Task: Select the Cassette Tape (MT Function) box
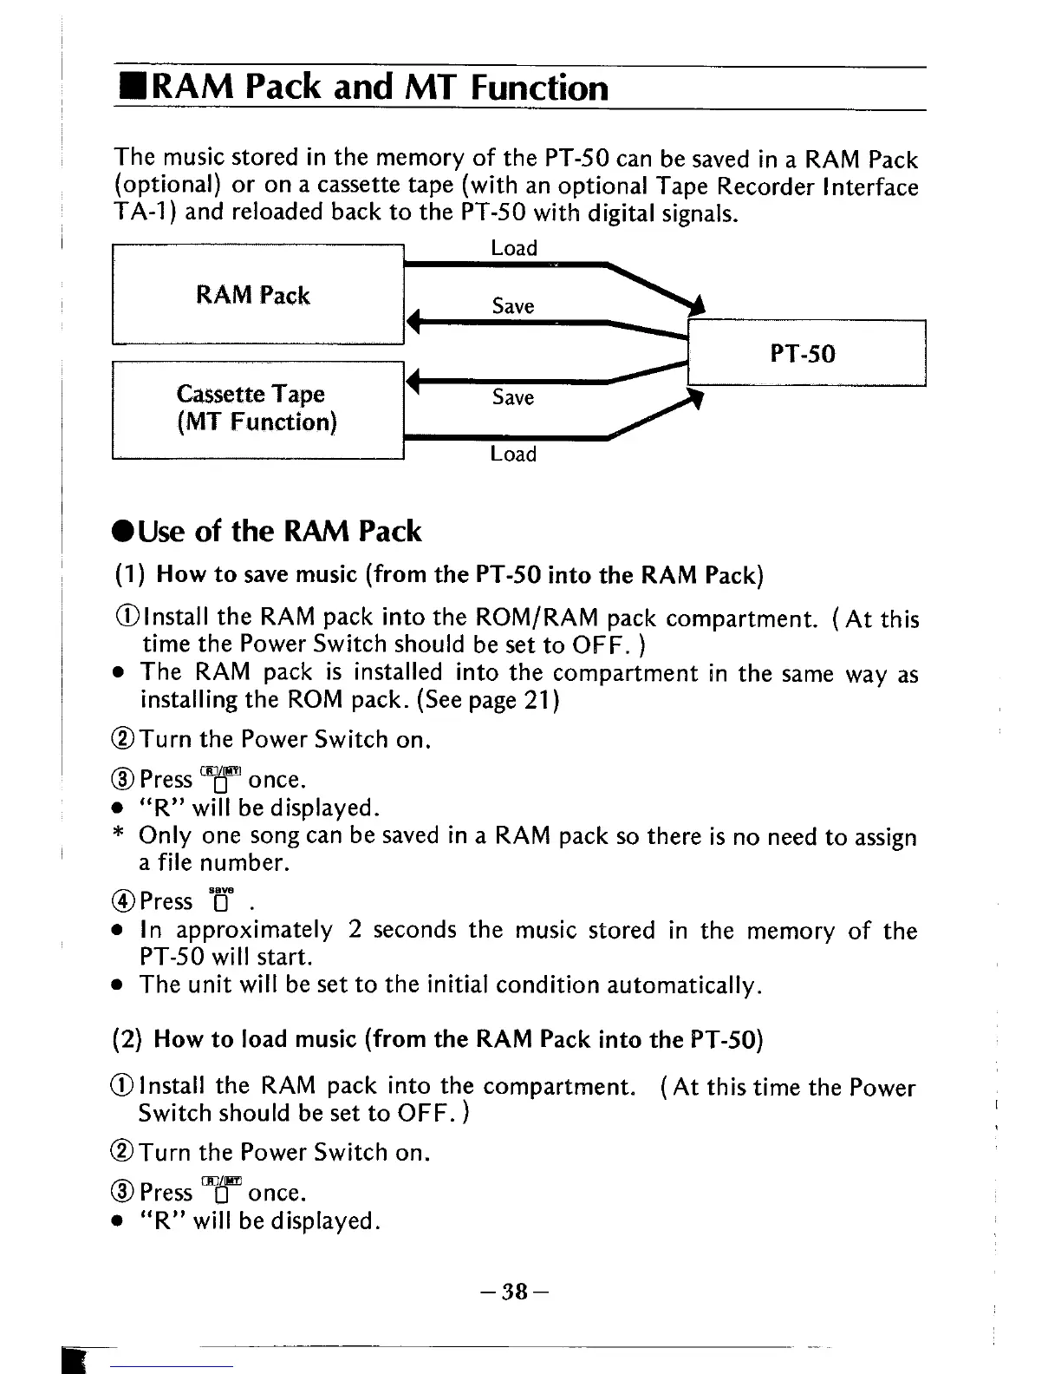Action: (x=258, y=409)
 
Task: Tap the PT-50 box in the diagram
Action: (x=806, y=353)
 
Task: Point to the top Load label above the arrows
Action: (x=514, y=248)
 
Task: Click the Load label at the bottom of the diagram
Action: (x=513, y=454)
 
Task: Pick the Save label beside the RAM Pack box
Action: (x=513, y=305)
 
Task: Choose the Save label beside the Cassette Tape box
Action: (x=513, y=397)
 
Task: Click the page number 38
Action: (x=515, y=1292)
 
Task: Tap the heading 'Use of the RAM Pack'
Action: (x=269, y=531)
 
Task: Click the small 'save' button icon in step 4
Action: (x=221, y=900)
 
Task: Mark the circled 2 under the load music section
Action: (x=126, y=1153)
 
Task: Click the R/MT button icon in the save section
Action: (x=220, y=778)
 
